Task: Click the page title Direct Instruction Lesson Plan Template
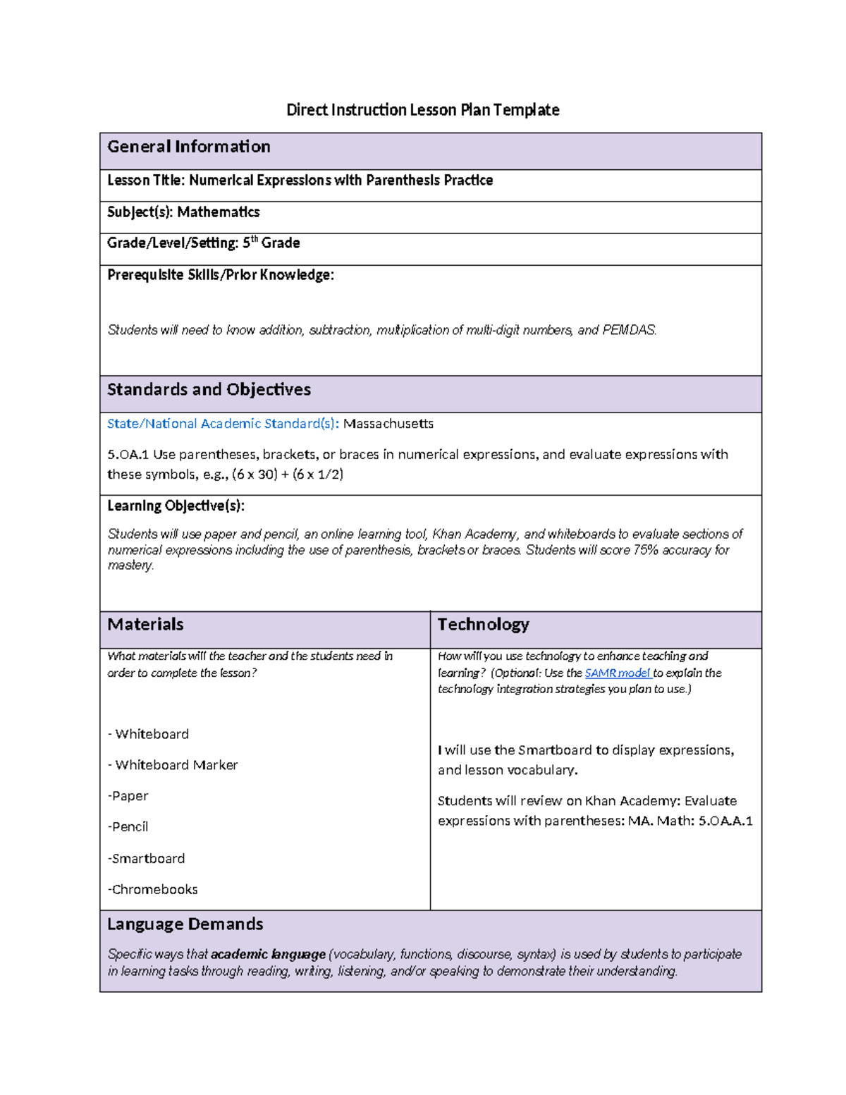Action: [422, 110]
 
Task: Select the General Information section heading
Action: [188, 147]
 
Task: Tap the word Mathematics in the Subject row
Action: [218, 212]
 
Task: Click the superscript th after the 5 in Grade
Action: [255, 240]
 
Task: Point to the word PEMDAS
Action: [628, 330]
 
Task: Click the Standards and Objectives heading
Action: [209, 390]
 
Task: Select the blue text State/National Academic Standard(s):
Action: [223, 424]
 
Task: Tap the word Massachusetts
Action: [388, 424]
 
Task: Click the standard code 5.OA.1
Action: [128, 455]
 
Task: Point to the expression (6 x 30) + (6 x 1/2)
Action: [287, 475]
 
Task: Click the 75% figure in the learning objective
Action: [645, 550]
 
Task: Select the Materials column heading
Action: [145, 625]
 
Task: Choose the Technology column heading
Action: [483, 625]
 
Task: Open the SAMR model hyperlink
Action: [617, 673]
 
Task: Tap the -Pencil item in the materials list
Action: [128, 826]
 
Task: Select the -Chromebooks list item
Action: [152, 890]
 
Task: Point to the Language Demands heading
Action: [185, 924]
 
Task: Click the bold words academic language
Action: [268, 955]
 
